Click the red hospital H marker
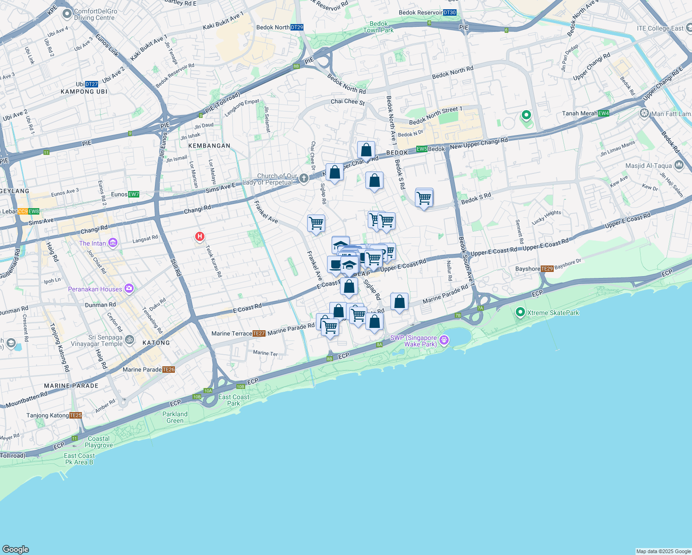pos(200,237)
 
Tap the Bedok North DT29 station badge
pos(297,27)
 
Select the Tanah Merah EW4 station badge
pos(604,113)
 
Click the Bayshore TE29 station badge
pos(547,269)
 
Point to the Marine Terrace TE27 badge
pos(259,333)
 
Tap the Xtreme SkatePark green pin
pos(520,313)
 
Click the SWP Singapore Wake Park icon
pos(444,340)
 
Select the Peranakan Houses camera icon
pos(129,289)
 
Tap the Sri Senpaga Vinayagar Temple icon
pos(130,340)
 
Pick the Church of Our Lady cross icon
pos(303,179)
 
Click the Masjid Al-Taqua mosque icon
pos(679,165)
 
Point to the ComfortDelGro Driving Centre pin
pos(67,14)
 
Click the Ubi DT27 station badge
pos(92,84)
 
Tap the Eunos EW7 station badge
pos(134,194)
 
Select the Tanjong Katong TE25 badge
pos(76,415)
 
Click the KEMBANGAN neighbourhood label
pos(209,146)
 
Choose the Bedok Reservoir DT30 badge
pos(450,12)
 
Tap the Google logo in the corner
pos(16,549)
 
